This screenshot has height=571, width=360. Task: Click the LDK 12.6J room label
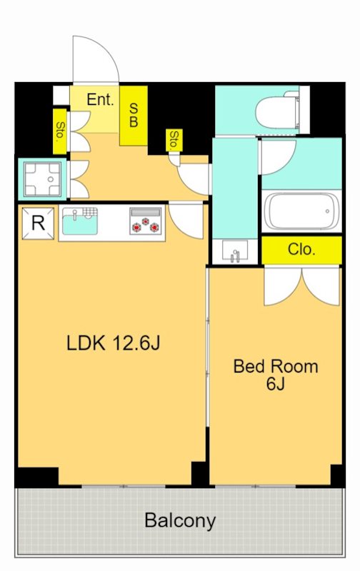(x=113, y=343)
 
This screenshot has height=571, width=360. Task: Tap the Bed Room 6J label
(x=276, y=374)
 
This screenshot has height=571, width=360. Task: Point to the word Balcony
(x=180, y=521)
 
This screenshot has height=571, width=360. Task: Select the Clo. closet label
(x=301, y=249)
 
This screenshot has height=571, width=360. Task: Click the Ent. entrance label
(x=100, y=99)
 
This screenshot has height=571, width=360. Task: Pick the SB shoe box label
(x=134, y=115)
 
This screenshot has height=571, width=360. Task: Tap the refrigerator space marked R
(x=39, y=223)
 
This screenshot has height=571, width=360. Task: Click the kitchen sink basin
(x=80, y=223)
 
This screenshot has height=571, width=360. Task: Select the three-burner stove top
(x=146, y=226)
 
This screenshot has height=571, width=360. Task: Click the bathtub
(x=301, y=211)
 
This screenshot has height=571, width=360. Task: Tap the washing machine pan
(x=43, y=180)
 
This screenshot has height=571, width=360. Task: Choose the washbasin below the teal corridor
(x=235, y=251)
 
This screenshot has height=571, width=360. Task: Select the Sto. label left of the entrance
(x=59, y=132)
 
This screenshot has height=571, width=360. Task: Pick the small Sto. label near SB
(x=174, y=140)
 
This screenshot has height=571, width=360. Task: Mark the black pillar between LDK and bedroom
(x=199, y=473)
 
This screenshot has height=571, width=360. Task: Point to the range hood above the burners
(x=146, y=212)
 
